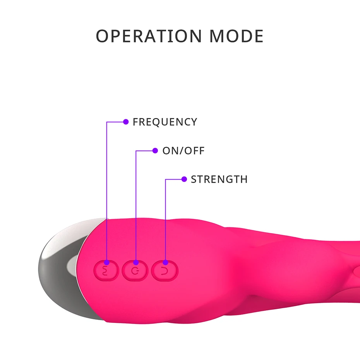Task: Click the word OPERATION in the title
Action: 149,36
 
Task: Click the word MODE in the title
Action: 237,36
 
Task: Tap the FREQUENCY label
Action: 165,122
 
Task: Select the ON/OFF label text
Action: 183,151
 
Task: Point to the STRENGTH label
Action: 219,179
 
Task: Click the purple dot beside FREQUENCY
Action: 126,122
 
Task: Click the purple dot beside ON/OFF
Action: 155,150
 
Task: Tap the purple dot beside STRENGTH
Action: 184,179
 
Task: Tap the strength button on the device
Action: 165,271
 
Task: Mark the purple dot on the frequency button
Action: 107,262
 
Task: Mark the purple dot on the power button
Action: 136,262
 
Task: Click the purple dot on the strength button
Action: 165,262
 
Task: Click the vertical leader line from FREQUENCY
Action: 107,194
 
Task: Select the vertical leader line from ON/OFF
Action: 136,205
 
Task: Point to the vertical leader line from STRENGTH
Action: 165,221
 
